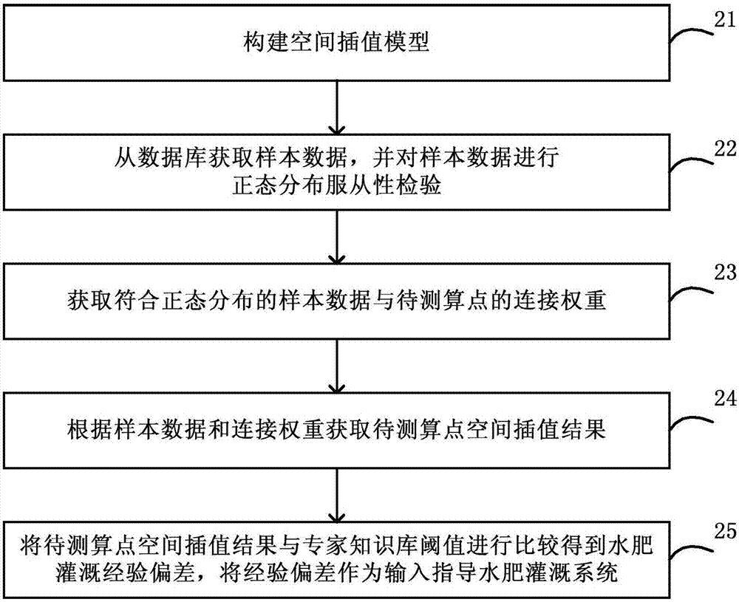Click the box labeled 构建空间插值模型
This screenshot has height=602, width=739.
pyautogui.click(x=336, y=46)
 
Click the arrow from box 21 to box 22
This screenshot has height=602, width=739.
pyautogui.click(x=337, y=106)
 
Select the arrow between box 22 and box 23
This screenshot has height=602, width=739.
pyautogui.click(x=337, y=236)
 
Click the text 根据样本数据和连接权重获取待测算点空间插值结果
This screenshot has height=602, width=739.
pyautogui.click(x=336, y=429)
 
